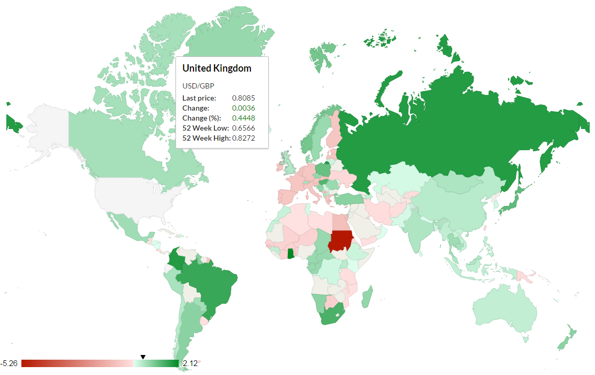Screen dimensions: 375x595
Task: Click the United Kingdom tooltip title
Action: pos(217,68)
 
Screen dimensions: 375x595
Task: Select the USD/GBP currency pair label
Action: pos(198,86)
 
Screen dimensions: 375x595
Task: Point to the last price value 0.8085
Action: pos(243,98)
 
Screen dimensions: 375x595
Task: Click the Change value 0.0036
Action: pos(243,108)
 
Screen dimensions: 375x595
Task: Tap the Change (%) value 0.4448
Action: pos(243,118)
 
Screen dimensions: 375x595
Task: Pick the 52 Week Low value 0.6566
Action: pos(243,128)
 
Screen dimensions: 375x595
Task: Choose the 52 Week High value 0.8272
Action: pos(243,138)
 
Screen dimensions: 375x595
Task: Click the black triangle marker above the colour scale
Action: pos(143,357)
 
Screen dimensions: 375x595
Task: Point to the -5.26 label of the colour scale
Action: pos(9,363)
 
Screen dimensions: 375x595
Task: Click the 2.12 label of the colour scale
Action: pos(190,363)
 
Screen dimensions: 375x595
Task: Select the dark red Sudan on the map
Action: pos(340,241)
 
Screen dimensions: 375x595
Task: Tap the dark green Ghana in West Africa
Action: pos(290,253)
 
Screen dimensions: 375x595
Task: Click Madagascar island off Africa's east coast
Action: pos(367,297)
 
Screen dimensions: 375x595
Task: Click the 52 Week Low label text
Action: pos(205,128)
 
